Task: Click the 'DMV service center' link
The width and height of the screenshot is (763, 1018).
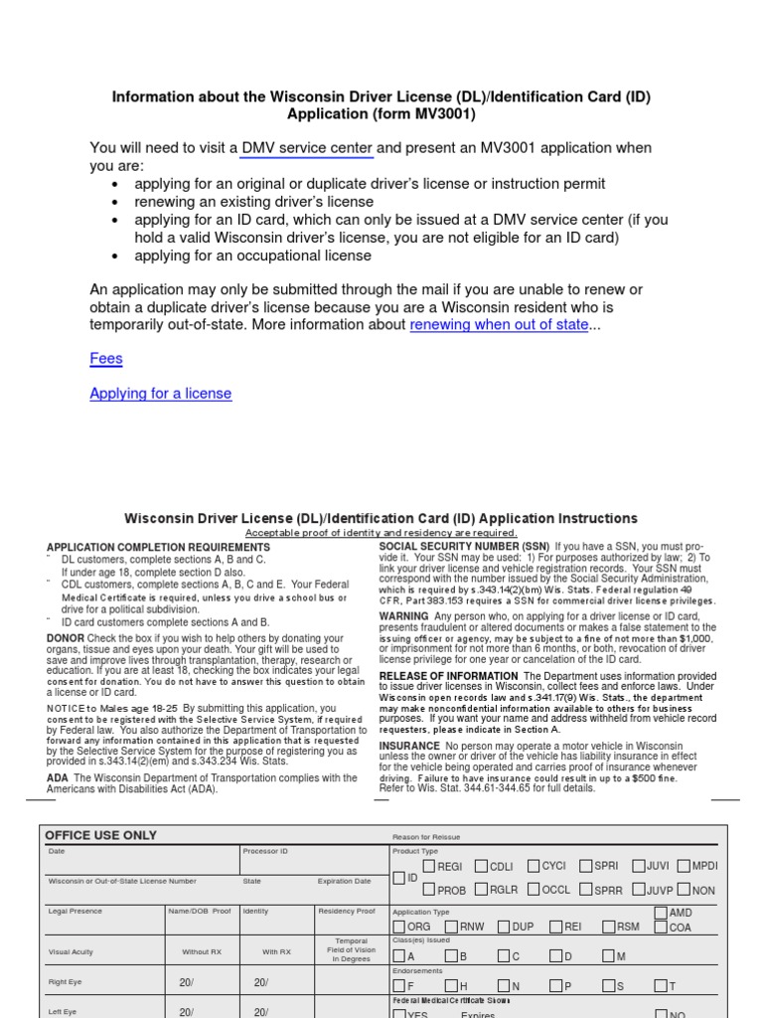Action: [x=307, y=148]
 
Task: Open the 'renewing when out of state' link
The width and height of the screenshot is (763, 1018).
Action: [x=498, y=325]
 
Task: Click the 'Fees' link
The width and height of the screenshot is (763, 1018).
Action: [x=106, y=358]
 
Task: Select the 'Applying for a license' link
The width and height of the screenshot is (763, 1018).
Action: [x=160, y=394]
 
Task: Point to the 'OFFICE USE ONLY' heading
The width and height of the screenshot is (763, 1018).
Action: [x=101, y=836]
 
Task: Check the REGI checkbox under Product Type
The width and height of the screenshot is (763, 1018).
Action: [x=429, y=867]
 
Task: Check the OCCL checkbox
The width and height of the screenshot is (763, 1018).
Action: [x=534, y=890]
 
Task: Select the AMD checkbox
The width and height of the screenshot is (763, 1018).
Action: [x=662, y=913]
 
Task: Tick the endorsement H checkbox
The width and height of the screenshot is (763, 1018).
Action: [x=451, y=985]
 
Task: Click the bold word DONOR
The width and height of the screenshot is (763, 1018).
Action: [x=66, y=638]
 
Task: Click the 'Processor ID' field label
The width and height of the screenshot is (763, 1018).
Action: [x=265, y=851]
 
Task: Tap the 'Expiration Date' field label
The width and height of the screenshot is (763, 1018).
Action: [x=344, y=881]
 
